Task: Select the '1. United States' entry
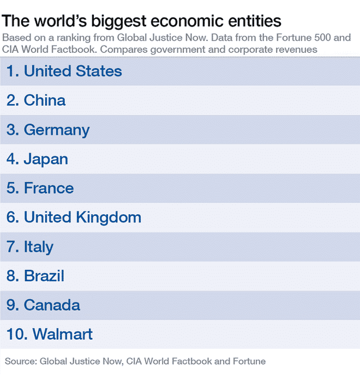[64, 71]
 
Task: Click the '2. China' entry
[36, 100]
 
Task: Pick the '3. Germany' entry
[48, 130]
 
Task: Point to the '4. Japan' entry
[37, 159]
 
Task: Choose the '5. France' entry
[40, 188]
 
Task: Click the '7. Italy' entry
[30, 247]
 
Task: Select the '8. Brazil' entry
[36, 276]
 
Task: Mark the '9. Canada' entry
[44, 305]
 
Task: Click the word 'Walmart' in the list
[63, 334]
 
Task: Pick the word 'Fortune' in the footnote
[249, 361]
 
